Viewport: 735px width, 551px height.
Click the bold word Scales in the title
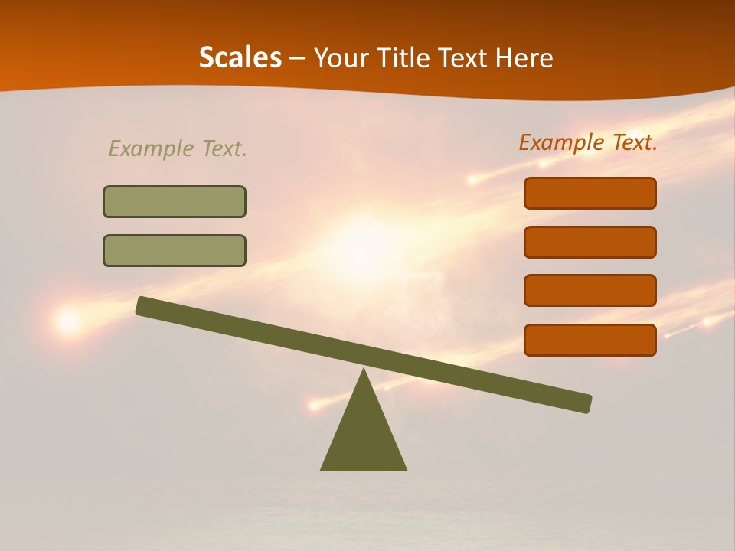pyautogui.click(x=240, y=58)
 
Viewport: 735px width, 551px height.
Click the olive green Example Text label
pyautogui.click(x=178, y=148)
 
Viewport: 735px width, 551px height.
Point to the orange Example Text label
pyautogui.click(x=588, y=142)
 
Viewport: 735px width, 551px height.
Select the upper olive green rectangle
pyautogui.click(x=175, y=201)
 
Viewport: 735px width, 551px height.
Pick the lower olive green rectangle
pyautogui.click(x=175, y=250)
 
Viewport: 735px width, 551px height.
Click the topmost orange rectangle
pyautogui.click(x=590, y=193)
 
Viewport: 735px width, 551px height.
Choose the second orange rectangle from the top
pyautogui.click(x=590, y=242)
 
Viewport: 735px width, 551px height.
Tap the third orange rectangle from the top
pyautogui.click(x=590, y=290)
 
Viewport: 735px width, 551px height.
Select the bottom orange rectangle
pyautogui.click(x=590, y=340)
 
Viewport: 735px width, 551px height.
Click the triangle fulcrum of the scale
pyautogui.click(x=364, y=436)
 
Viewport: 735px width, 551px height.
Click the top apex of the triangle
pyautogui.click(x=364, y=371)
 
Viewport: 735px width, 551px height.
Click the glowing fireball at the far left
pyautogui.click(x=69, y=321)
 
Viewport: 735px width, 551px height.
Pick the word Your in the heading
pyautogui.click(x=341, y=58)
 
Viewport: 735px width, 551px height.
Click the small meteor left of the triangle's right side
pyautogui.click(x=313, y=404)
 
